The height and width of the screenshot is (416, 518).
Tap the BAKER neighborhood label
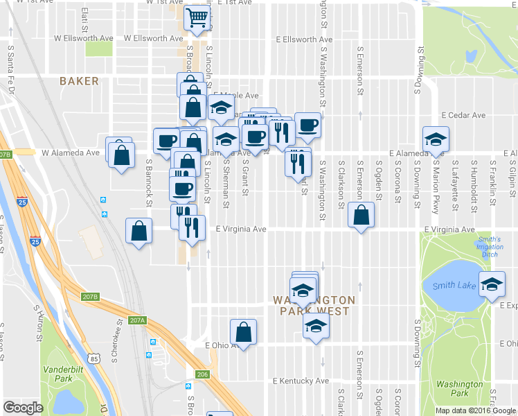79,81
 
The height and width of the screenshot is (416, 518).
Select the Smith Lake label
454,286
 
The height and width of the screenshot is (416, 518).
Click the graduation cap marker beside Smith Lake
492,285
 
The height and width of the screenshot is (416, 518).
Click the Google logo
23,408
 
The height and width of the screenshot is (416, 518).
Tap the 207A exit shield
138,320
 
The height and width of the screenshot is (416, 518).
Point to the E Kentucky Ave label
301,381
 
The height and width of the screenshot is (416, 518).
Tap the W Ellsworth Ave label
84,38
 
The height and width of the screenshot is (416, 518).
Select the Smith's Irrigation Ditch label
489,247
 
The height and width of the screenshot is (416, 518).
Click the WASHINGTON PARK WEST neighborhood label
314,305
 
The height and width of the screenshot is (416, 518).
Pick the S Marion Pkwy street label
436,184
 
